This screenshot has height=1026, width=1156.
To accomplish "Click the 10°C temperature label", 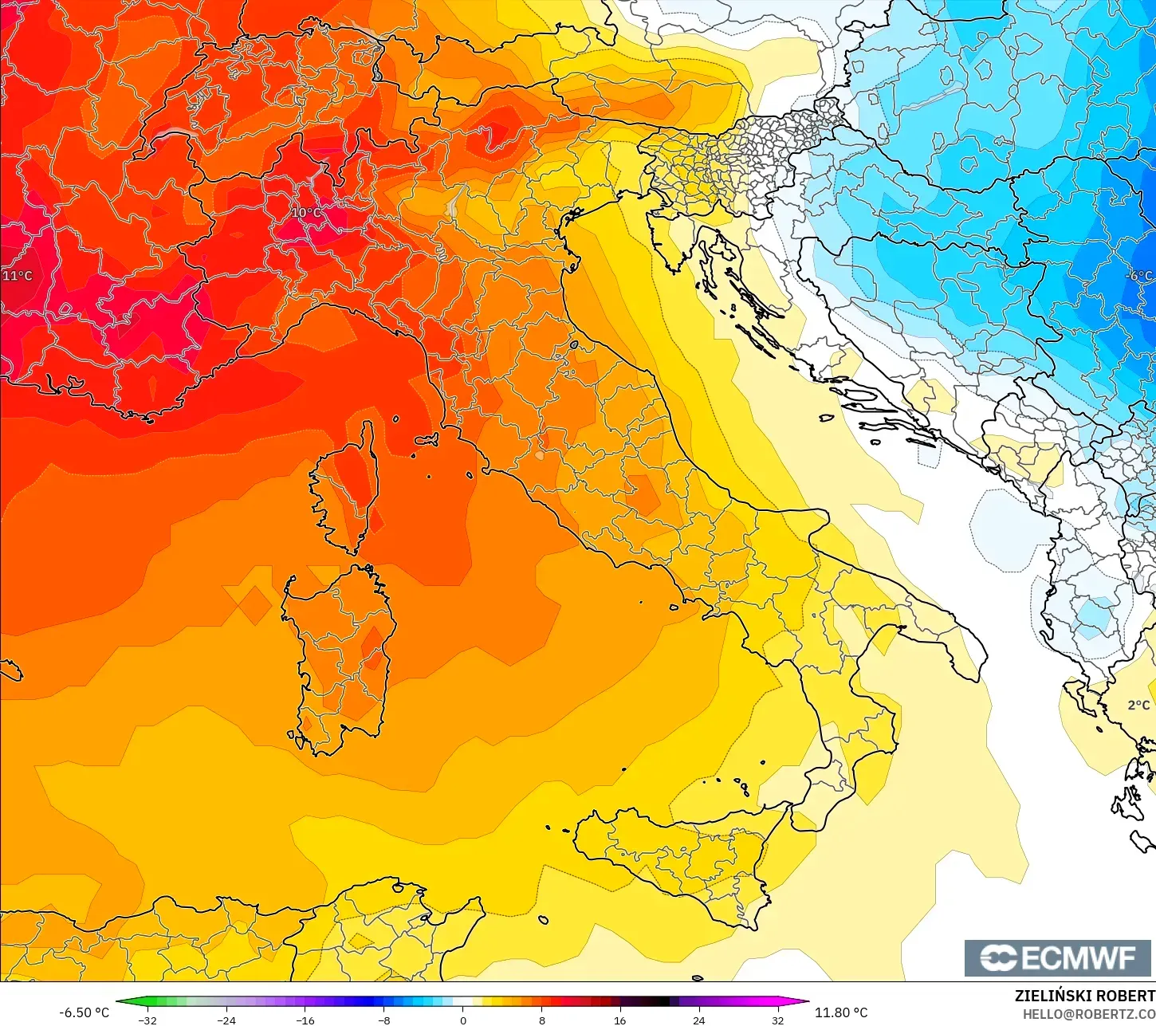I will tap(307, 213).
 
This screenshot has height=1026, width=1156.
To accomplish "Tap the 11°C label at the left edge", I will tap(18, 276).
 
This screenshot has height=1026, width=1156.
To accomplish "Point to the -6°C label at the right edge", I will tap(1140, 276).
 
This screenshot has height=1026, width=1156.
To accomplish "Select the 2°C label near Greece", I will tap(1138, 705).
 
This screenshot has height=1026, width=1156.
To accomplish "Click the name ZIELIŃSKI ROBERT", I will tap(1084, 996).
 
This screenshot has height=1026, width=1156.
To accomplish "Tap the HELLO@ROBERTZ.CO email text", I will tap(1089, 1014).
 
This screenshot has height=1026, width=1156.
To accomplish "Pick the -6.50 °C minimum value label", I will tap(84, 1012).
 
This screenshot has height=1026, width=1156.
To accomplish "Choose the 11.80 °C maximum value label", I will tap(841, 1012).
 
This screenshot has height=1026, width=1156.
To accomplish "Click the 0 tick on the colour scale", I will tap(463, 1020).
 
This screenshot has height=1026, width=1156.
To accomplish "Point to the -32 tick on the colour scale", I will tap(147, 1020).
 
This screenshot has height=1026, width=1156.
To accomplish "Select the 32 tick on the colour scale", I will tap(778, 1020).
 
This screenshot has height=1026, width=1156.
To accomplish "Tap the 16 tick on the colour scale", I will tap(620, 1020).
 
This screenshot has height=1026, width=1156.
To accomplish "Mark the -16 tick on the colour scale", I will tap(305, 1020).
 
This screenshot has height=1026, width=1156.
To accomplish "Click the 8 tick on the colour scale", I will tap(542, 1020).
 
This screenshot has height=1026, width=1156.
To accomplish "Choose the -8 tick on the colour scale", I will tap(384, 1020).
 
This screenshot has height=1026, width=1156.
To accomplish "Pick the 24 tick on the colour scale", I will tap(699, 1020).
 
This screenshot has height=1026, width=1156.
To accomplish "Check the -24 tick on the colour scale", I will tap(226, 1020).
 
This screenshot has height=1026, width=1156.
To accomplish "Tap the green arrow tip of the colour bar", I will tap(120, 1002).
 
